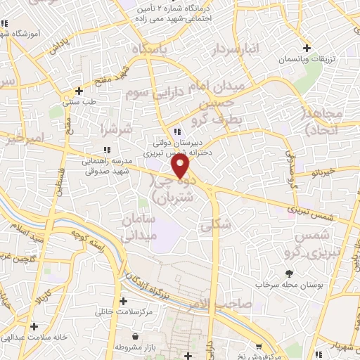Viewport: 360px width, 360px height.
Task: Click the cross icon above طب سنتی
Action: coord(79,91)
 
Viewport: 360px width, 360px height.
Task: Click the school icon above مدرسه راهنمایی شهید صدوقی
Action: coord(107,149)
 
